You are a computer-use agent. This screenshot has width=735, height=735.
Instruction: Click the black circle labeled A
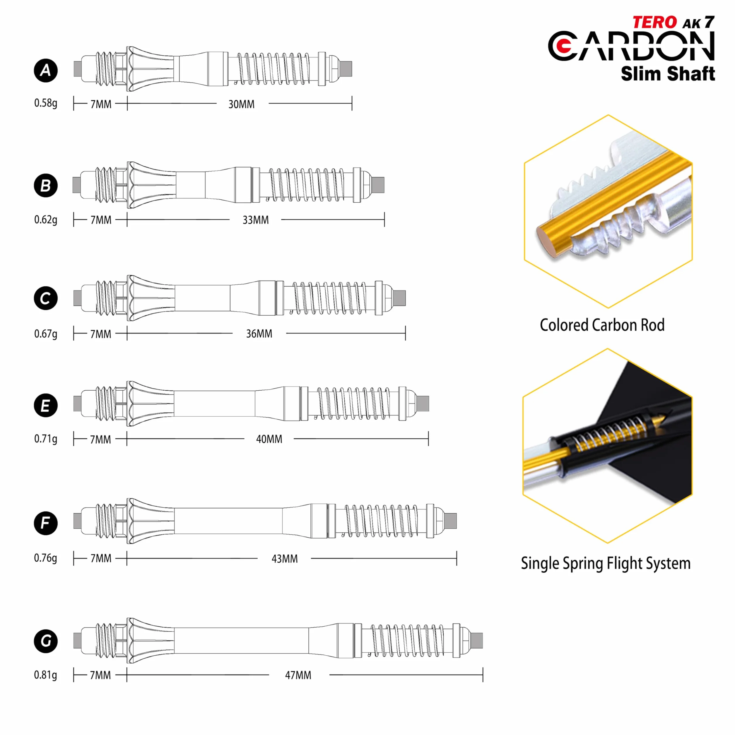pos(46,70)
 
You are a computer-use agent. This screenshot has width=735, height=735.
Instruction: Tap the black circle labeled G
pos(46,641)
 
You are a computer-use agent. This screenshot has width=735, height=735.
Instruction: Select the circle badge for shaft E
pos(46,406)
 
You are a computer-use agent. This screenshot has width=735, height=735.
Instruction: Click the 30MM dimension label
pos(241,104)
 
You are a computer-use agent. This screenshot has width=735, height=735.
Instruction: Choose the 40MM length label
pos(269,439)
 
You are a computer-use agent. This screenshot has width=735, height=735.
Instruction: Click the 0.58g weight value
pos(46,103)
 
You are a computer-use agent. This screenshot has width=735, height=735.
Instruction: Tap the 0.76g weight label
pos(46,558)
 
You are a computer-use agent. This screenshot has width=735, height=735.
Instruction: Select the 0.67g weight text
pos(46,334)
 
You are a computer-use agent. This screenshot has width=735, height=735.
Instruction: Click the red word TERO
pos(655,23)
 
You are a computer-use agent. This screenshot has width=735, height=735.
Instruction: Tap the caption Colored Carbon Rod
pos(602,325)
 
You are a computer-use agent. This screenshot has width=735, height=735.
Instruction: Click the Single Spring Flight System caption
pos(606,563)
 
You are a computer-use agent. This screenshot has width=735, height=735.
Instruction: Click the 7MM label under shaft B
pos(101,220)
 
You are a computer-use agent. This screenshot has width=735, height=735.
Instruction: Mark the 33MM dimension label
pos(256,220)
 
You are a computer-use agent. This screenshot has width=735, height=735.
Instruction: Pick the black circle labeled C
pos(46,298)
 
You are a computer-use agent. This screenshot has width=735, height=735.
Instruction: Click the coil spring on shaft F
pos(380,521)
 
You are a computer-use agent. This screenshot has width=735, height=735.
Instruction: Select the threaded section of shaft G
pos(106,641)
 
